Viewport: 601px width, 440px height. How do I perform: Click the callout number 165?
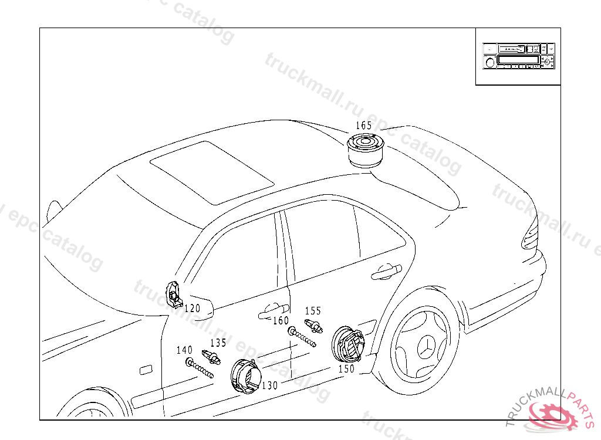tap(364, 126)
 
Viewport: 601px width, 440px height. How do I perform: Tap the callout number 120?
tap(192, 307)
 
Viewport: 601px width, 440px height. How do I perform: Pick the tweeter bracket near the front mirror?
tap(174, 293)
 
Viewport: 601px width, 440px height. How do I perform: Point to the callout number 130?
tap(270, 385)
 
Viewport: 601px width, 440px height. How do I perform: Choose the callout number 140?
tap(184, 350)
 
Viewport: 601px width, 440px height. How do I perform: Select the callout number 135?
tap(218, 343)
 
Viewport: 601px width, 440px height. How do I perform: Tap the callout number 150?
tap(346, 369)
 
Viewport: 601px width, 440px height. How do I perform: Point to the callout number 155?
tap(313, 311)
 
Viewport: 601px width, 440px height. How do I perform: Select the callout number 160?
tap(281, 321)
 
